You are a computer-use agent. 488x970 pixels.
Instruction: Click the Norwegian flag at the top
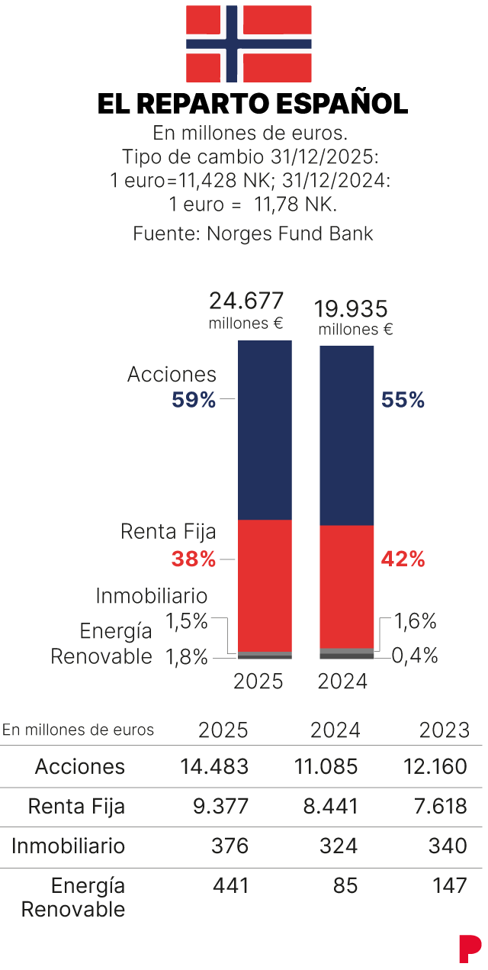249,43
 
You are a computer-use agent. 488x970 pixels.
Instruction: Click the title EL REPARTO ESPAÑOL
252,104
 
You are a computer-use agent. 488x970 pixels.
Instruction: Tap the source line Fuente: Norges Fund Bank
253,234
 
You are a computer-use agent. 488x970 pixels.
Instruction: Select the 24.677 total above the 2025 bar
246,300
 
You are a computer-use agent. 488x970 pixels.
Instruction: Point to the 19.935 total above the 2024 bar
352,308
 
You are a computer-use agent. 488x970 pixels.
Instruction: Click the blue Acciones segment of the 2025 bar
265,430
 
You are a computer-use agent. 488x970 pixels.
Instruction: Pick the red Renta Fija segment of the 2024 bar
346,586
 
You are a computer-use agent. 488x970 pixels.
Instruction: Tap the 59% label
194,400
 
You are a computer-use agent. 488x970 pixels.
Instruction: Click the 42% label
403,559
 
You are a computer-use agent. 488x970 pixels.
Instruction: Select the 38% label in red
194,559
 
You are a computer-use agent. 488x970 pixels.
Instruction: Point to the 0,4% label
416,656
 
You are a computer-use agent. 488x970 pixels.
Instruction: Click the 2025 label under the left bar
258,681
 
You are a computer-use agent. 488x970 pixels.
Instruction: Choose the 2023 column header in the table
445,730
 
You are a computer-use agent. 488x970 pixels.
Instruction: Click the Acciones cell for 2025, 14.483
214,766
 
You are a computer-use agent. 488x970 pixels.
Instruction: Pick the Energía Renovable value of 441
232,886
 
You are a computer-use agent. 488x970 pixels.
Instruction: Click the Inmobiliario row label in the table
68,846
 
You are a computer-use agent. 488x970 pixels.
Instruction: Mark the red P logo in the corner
470,948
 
